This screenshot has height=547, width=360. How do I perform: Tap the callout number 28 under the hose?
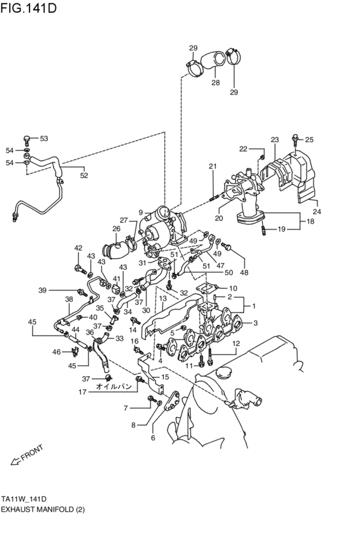coord(215,83)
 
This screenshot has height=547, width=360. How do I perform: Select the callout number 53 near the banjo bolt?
coord(44,138)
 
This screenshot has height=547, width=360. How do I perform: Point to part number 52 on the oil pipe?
coord(84,175)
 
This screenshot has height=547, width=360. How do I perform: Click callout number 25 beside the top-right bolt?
coord(309,139)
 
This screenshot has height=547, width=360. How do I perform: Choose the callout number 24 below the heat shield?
coord(316,211)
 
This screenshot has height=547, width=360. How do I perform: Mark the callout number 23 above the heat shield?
coord(274,139)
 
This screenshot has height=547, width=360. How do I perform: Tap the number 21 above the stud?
coord(212,167)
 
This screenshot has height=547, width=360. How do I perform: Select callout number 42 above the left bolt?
coord(78,247)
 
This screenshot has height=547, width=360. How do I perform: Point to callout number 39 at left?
coord(42,289)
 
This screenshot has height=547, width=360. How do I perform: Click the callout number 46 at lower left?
coord(57,352)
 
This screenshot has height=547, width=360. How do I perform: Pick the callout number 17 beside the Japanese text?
coord(83,392)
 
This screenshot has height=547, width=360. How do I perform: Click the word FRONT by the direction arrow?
coord(32,453)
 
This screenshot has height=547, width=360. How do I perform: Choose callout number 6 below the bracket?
coord(153,438)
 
